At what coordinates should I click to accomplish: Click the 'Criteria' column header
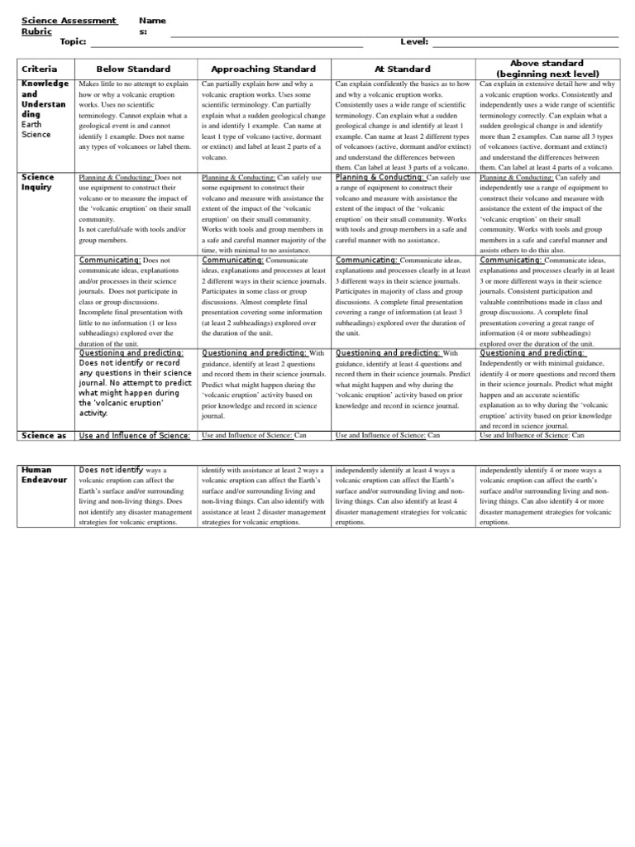coord(39,69)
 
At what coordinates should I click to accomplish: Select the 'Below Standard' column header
coord(133,69)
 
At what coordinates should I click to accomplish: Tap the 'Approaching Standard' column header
coord(263,69)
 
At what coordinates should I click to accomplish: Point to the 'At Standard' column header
coord(402,69)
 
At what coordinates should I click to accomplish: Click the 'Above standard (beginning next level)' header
coord(547,69)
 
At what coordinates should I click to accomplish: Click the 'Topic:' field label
coord(74,42)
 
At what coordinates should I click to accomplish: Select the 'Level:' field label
coord(414,42)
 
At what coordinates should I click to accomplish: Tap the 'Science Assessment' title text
coord(69,20)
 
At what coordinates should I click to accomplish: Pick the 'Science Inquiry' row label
coord(38,182)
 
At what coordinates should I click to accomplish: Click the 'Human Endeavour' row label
coord(42,475)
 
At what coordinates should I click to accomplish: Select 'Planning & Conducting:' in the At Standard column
coord(380,178)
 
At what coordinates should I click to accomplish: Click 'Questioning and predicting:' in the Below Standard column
coord(131,352)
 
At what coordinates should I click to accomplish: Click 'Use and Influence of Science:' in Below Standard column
coord(134,435)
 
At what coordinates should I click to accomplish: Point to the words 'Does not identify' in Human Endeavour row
coord(111,470)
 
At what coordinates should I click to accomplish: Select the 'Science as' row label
coord(42,435)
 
